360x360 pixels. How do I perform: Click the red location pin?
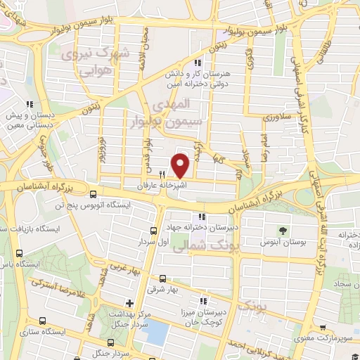pos(181,165)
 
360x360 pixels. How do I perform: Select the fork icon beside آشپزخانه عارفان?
pos(162,175)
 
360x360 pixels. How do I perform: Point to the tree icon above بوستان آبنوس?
pos(283,230)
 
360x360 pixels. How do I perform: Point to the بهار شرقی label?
pos(163,289)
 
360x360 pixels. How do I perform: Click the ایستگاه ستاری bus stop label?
pos(43,330)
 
